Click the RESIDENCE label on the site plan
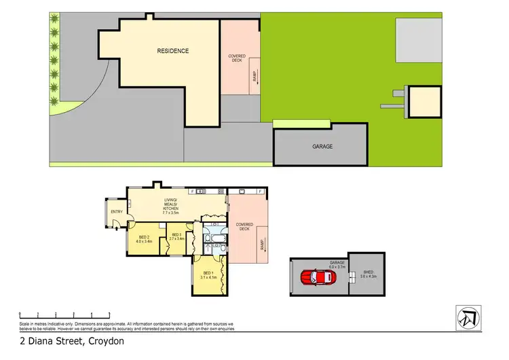(x=173, y=51)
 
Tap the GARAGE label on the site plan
(x=322, y=147)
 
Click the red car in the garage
(x=314, y=277)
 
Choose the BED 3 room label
(x=176, y=237)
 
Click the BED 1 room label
(x=207, y=275)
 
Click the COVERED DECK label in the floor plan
(x=244, y=226)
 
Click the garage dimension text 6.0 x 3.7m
(x=337, y=267)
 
